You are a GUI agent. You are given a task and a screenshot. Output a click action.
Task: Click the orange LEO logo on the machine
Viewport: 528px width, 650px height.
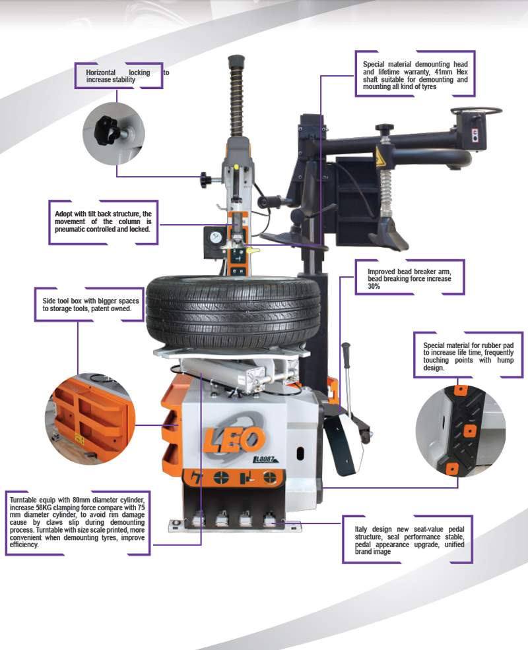(x=234, y=440)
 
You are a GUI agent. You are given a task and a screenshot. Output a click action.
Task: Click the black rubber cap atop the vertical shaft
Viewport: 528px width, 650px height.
(x=236, y=61)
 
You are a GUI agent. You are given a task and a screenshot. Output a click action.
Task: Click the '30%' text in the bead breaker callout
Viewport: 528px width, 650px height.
(x=373, y=287)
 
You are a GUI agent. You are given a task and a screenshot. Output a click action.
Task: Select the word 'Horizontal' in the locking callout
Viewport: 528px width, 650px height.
(x=100, y=73)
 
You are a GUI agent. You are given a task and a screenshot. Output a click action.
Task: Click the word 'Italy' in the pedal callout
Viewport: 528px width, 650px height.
(x=361, y=529)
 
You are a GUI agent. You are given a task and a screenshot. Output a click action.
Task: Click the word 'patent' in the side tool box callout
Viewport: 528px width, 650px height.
(x=99, y=309)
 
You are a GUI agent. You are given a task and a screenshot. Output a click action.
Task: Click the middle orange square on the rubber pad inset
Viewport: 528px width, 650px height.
(x=469, y=431)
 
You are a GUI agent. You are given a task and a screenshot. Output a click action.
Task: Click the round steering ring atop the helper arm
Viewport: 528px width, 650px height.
(x=476, y=111)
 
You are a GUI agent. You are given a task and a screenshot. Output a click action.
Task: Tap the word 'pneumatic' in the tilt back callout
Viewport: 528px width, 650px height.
(x=70, y=229)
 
